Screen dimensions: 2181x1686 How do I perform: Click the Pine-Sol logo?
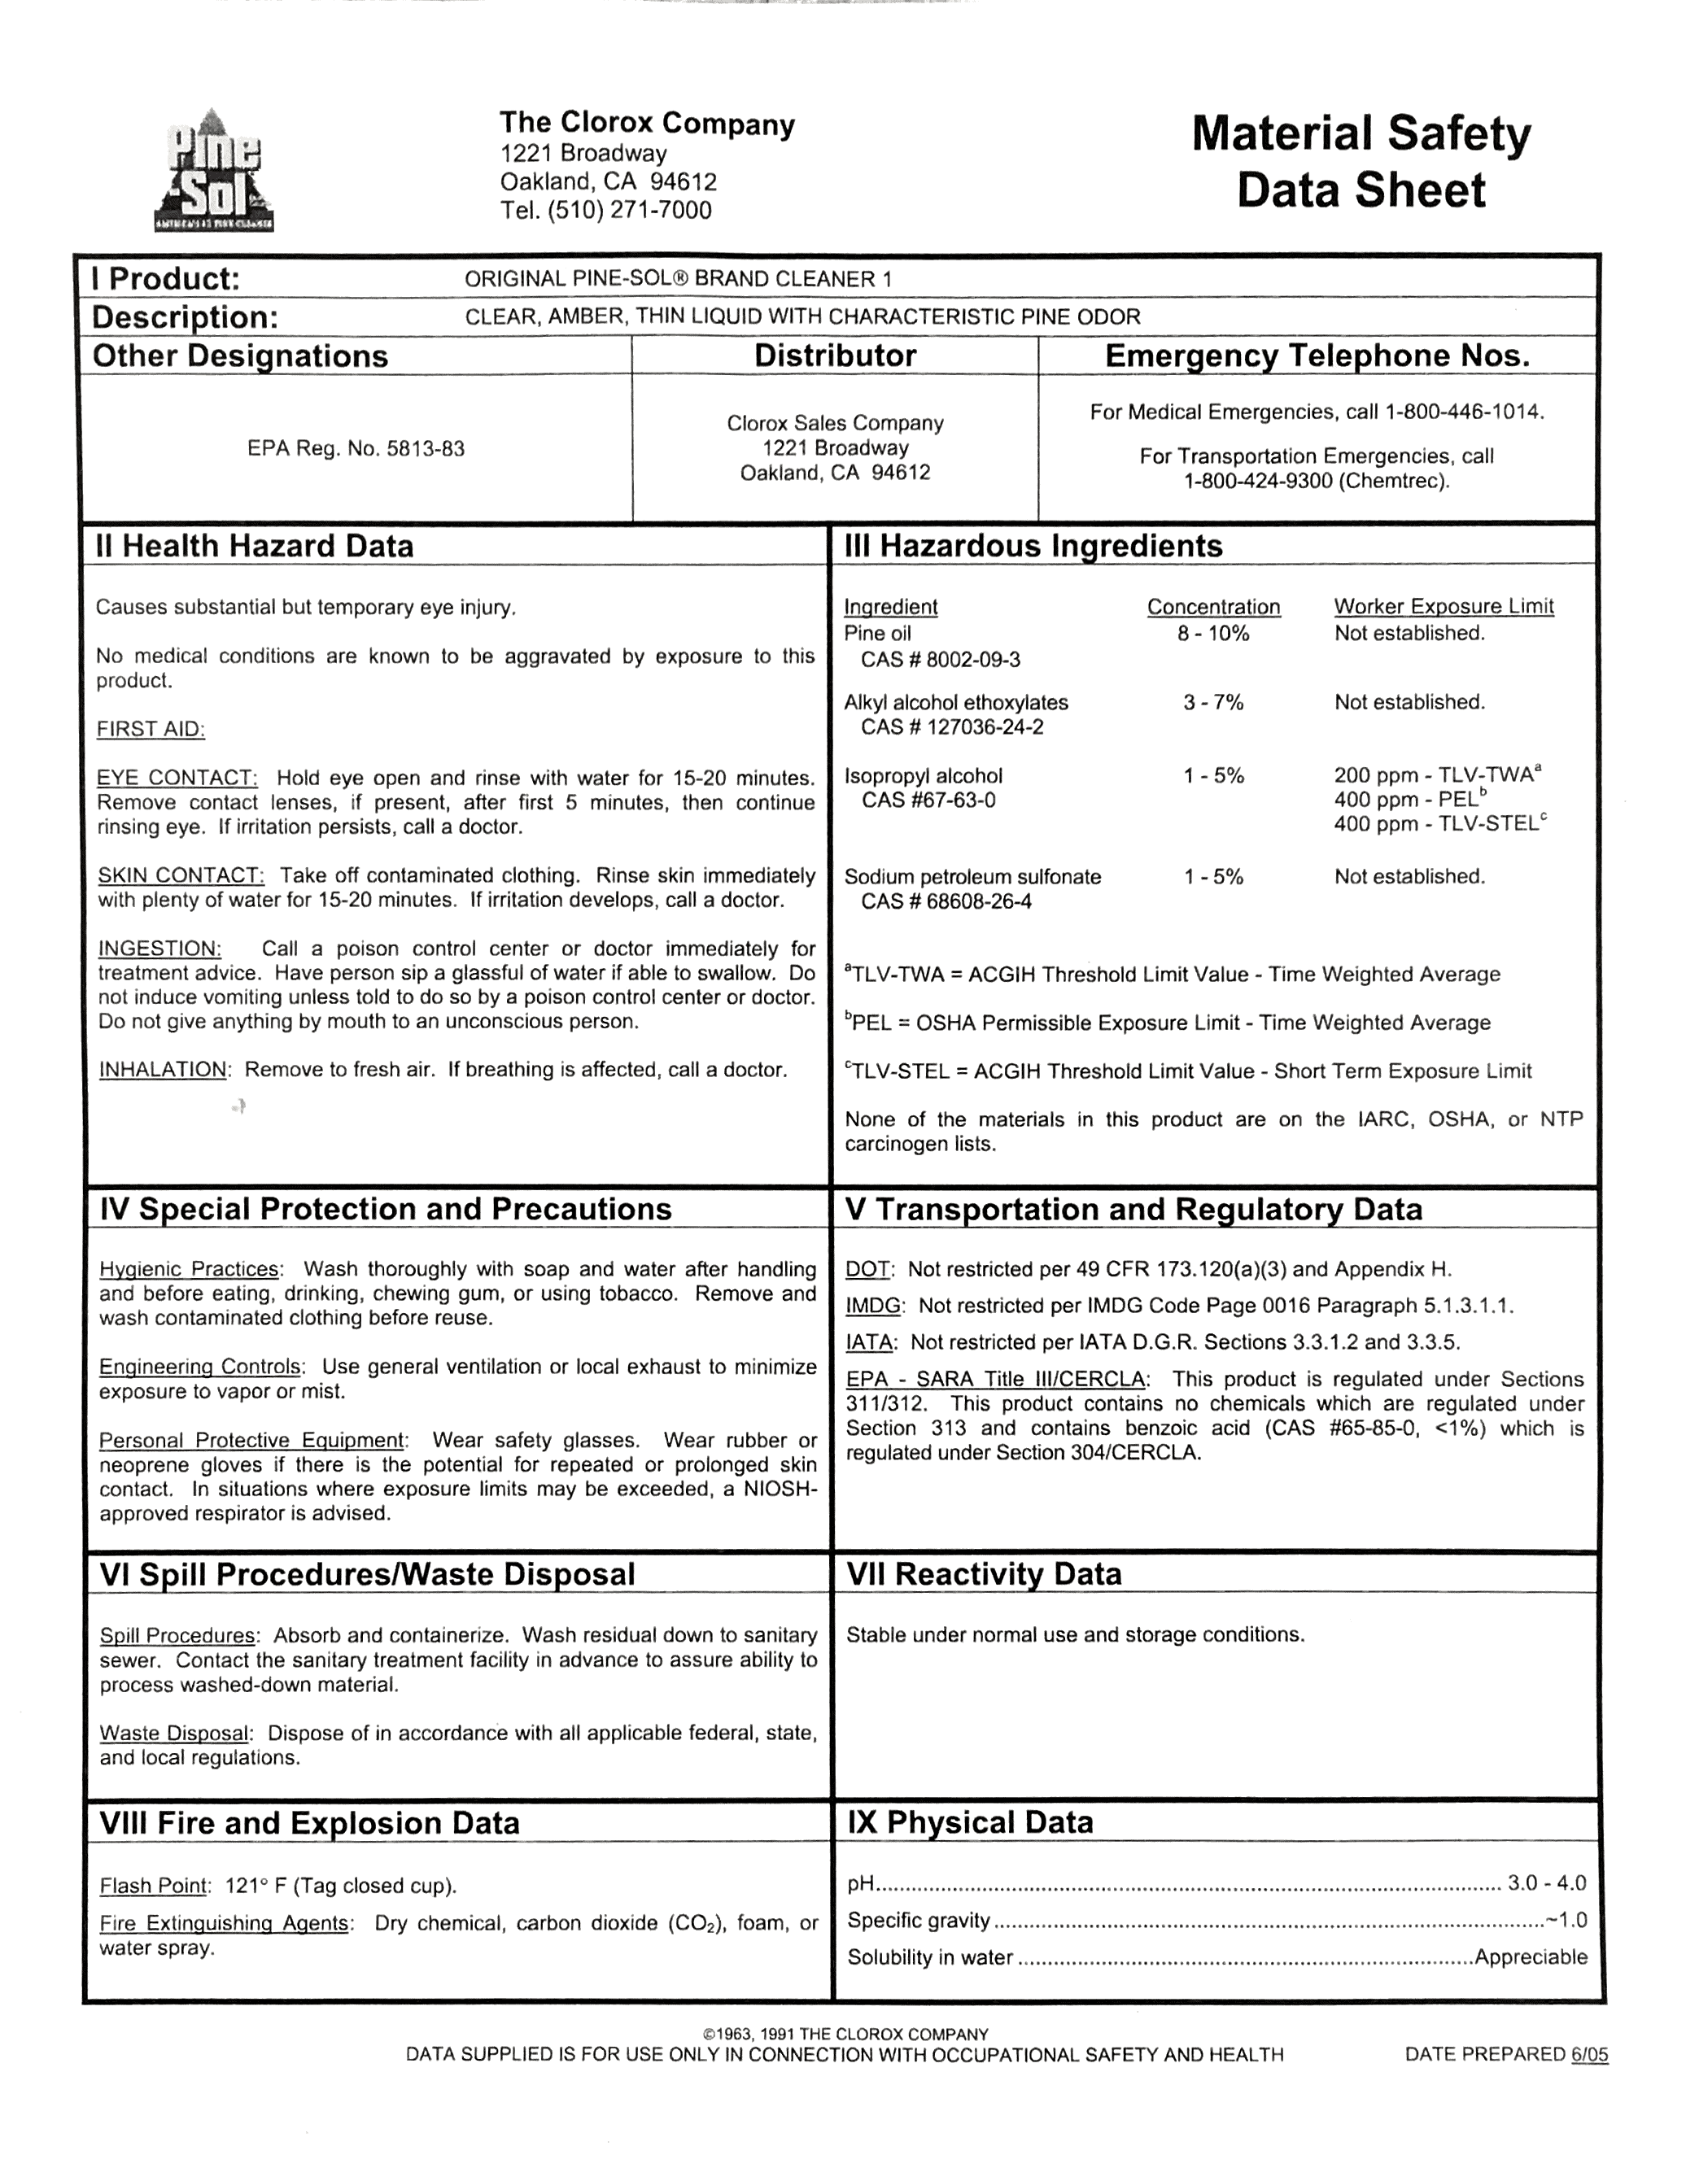click(x=214, y=172)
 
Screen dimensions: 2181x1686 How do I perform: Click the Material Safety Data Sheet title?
click(x=1361, y=162)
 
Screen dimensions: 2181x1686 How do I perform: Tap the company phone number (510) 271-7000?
click(x=628, y=211)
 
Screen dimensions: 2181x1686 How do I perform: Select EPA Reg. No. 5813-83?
click(x=356, y=449)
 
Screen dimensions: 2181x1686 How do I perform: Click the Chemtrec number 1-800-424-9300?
click(x=1259, y=482)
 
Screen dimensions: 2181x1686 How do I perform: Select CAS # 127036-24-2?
click(x=952, y=728)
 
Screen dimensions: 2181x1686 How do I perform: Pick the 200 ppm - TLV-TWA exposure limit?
click(x=1436, y=776)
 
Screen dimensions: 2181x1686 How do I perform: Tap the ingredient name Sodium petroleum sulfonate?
click(x=972, y=877)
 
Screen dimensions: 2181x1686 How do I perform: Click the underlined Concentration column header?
click(x=1212, y=607)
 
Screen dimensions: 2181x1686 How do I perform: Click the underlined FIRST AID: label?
click(x=151, y=730)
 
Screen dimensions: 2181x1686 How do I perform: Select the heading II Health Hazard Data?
click(x=254, y=546)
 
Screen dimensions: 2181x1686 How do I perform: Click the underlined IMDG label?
click(x=874, y=1306)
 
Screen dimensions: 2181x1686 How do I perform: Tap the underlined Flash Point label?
click(x=154, y=1887)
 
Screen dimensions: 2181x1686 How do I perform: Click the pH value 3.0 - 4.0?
click(x=1546, y=1883)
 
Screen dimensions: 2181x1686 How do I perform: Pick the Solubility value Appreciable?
click(x=1531, y=1957)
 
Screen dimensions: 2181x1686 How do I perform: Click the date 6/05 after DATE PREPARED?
click(x=1589, y=2055)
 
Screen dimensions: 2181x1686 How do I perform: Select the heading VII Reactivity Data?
click(x=984, y=1575)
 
